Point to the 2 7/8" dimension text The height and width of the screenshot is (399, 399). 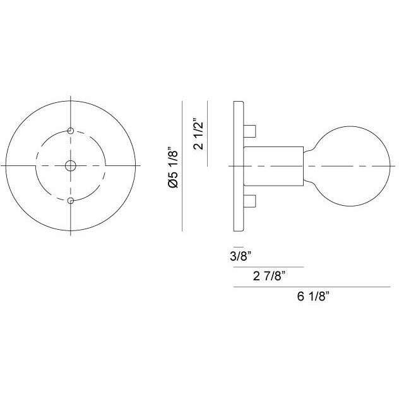tap(269, 275)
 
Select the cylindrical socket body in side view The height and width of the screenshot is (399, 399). tap(273, 165)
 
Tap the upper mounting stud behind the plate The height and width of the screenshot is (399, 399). tap(249, 130)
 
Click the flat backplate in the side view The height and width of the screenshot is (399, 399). tap(238, 165)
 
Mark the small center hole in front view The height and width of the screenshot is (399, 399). tap(70, 165)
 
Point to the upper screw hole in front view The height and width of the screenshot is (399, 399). tap(70, 131)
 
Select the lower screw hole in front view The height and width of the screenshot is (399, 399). tap(70, 201)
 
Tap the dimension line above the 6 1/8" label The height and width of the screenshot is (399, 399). tap(313, 286)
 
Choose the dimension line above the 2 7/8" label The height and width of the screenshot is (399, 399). tap(269, 266)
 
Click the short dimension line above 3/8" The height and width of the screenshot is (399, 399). tap(238, 246)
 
